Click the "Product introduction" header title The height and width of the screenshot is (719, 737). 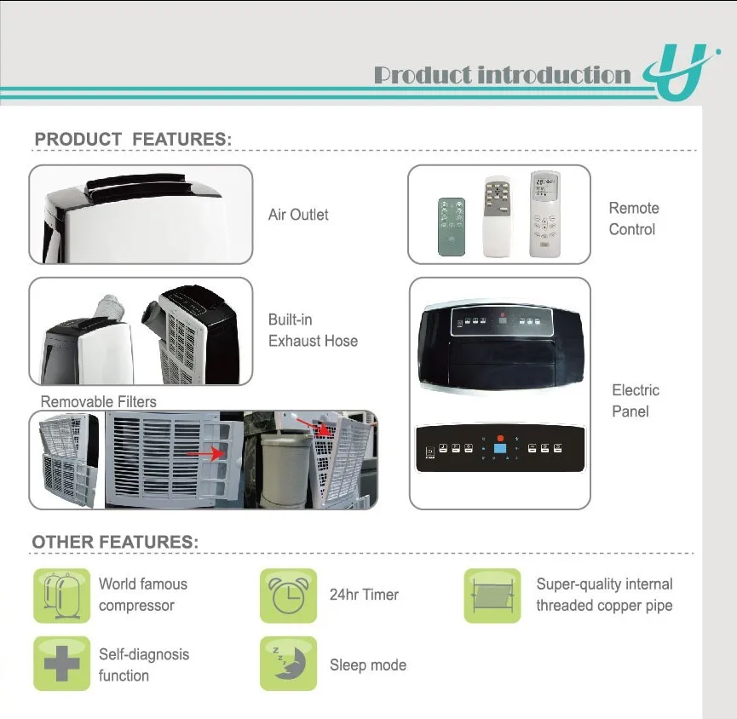503,75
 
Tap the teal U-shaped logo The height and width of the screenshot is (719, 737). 676,72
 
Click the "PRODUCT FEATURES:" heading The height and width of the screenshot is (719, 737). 133,139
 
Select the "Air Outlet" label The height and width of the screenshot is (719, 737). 298,215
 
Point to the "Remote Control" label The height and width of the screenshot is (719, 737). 633,218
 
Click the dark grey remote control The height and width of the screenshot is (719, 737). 452,227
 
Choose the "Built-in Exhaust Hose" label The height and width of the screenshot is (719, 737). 313,331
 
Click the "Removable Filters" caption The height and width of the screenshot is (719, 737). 99,401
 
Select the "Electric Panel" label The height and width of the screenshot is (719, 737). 636,400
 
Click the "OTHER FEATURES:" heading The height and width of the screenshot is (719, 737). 115,542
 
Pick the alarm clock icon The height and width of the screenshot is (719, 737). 288,595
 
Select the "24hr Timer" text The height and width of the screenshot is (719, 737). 364,595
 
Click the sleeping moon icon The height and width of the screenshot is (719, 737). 288,664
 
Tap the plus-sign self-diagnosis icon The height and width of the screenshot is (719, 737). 61,664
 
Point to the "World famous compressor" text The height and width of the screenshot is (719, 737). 142,595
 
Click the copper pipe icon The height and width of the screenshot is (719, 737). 492,595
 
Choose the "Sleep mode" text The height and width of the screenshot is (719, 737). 368,665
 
